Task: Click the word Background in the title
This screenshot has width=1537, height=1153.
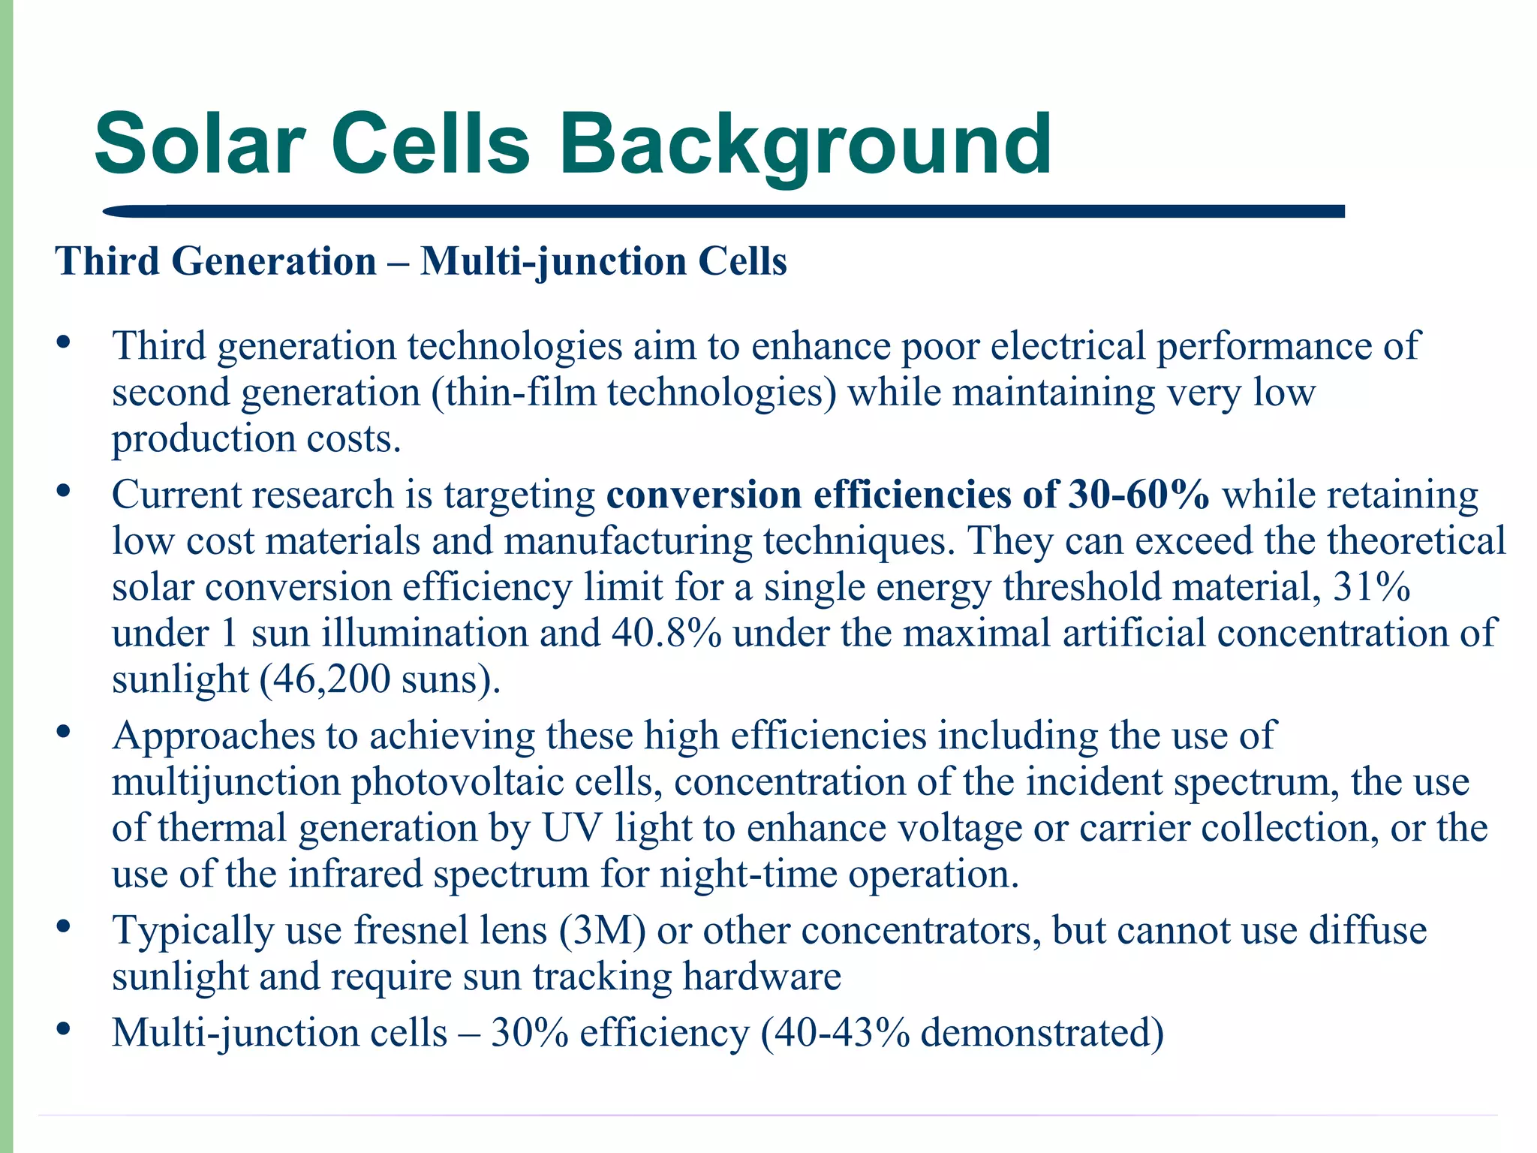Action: tap(805, 144)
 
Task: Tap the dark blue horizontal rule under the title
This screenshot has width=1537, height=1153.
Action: tap(720, 212)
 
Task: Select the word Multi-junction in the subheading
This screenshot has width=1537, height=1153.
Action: tap(552, 262)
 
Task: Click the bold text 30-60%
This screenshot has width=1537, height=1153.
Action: tap(1138, 495)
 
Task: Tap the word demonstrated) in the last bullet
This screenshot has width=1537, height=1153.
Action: tap(1042, 1032)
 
